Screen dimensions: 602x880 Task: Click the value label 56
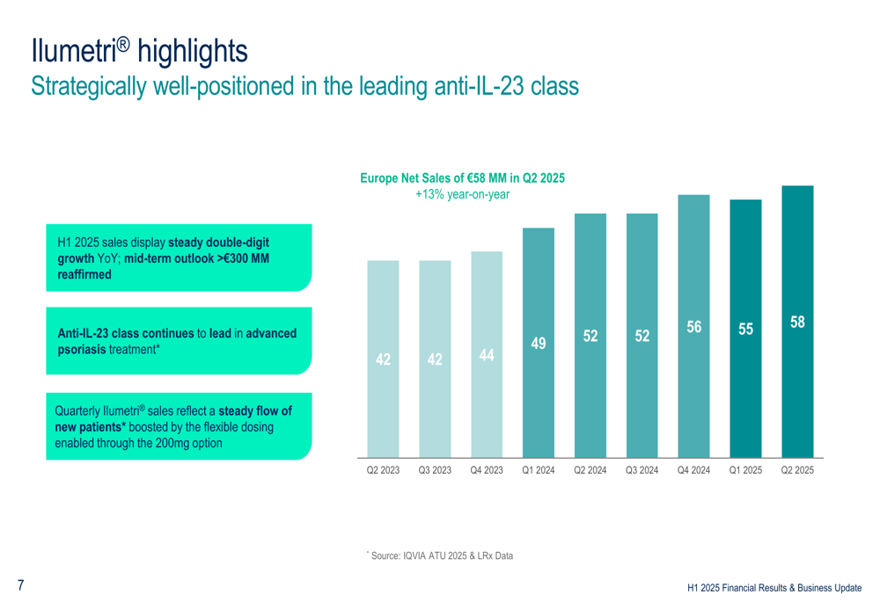(694, 327)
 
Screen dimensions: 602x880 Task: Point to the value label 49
(539, 344)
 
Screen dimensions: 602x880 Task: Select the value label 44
(487, 355)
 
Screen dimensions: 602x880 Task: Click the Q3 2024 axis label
(642, 471)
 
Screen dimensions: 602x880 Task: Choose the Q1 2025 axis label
(745, 471)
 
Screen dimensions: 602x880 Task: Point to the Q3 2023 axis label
(435, 471)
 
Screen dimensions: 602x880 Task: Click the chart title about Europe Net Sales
(462, 178)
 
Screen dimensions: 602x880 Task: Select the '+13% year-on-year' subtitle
(462, 193)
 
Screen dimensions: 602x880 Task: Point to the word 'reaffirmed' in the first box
(84, 275)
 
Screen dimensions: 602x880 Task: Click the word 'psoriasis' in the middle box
(82, 349)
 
